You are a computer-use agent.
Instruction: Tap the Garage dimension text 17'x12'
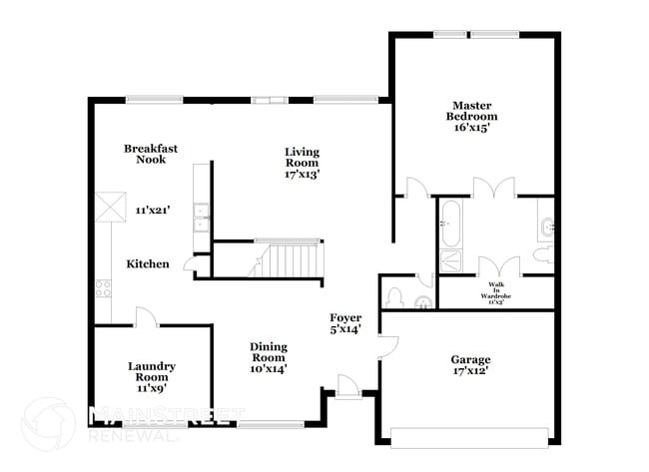click(x=469, y=372)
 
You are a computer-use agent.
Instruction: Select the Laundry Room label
click(x=151, y=371)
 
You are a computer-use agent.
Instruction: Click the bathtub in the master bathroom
click(x=449, y=224)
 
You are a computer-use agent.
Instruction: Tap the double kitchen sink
click(x=201, y=217)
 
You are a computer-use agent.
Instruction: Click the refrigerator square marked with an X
click(x=106, y=206)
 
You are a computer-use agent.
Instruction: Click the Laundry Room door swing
click(x=146, y=316)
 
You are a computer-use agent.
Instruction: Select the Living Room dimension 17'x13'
click(x=301, y=173)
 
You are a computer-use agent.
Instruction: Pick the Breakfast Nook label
click(x=145, y=154)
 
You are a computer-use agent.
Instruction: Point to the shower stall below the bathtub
click(x=449, y=261)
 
